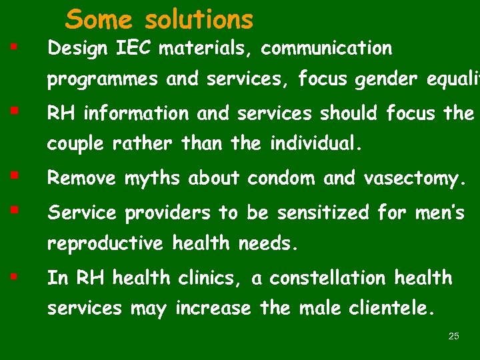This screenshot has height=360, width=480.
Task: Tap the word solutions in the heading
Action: [x=199, y=19]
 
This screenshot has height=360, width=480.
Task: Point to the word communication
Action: [x=327, y=49]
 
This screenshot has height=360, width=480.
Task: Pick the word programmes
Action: [x=103, y=81]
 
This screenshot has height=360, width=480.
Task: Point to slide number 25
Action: [x=454, y=336]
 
